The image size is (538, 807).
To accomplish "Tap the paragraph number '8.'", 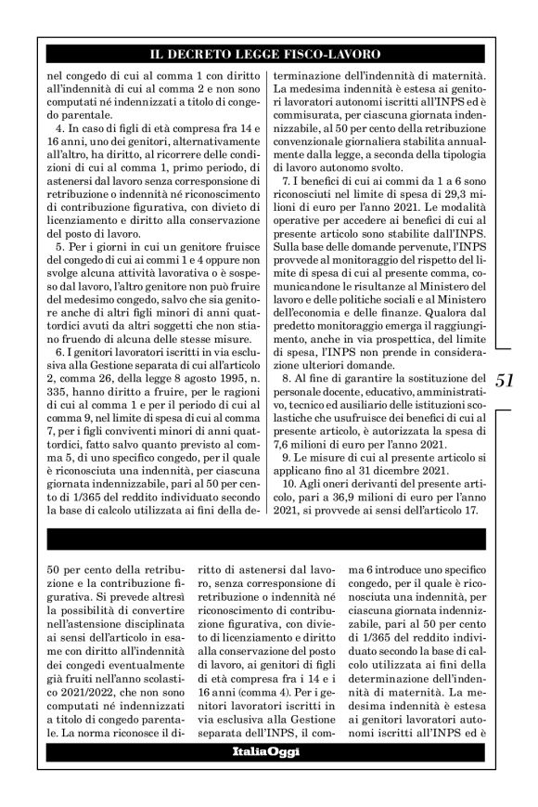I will (288, 379).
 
